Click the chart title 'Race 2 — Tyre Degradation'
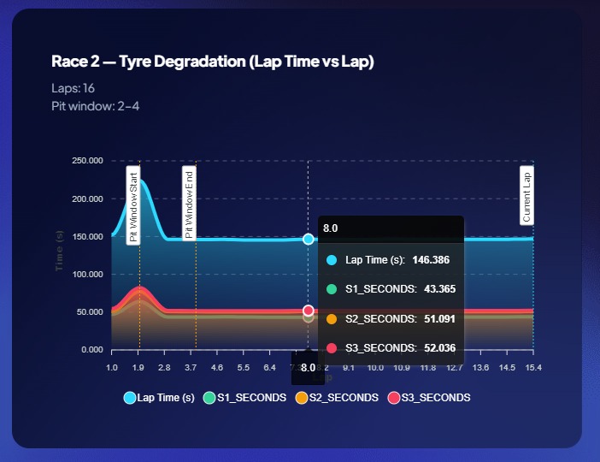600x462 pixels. point(213,62)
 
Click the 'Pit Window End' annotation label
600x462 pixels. point(189,204)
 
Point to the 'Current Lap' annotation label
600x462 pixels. point(526,196)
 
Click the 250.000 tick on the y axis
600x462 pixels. point(87,161)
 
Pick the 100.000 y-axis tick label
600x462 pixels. point(87,275)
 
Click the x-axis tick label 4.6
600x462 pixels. point(217,367)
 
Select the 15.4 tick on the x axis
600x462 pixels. point(533,367)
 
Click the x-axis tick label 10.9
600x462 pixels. point(402,367)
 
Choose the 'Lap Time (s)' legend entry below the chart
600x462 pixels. point(159,398)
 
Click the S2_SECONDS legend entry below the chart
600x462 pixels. point(338,398)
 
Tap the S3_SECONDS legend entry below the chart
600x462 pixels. point(429,398)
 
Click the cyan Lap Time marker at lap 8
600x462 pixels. point(309,239)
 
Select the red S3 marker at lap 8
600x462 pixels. point(309,311)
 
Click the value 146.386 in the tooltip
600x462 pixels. point(431,259)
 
